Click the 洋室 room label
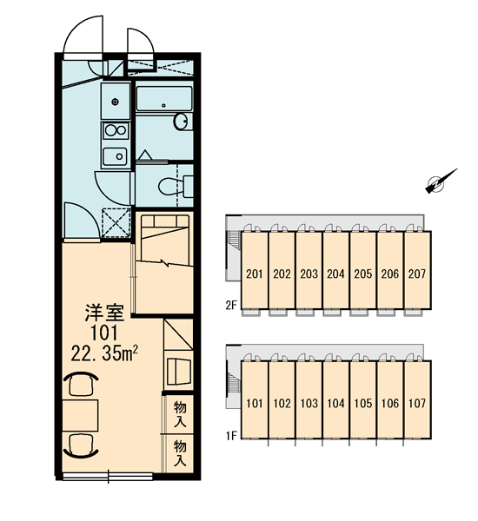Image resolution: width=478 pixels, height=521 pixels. tap(104, 313)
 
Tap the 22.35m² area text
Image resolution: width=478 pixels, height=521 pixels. tap(104, 353)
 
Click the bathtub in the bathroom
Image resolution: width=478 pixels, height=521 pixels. tap(164, 99)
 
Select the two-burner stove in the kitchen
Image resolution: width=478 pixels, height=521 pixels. tap(116, 130)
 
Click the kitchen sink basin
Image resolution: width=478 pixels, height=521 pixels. tap(115, 156)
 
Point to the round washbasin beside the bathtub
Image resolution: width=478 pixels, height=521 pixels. tap(180, 122)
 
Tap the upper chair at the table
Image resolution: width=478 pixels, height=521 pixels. tap(81, 385)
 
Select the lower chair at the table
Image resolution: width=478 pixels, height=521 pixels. tap(81, 445)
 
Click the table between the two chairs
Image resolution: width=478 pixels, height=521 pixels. tap(81, 415)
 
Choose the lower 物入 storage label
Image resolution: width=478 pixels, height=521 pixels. tap(180, 454)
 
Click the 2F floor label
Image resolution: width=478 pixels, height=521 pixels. tap(231, 305)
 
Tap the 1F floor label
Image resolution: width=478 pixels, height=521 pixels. tap(231, 436)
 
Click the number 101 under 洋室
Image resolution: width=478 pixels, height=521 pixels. tap(104, 333)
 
